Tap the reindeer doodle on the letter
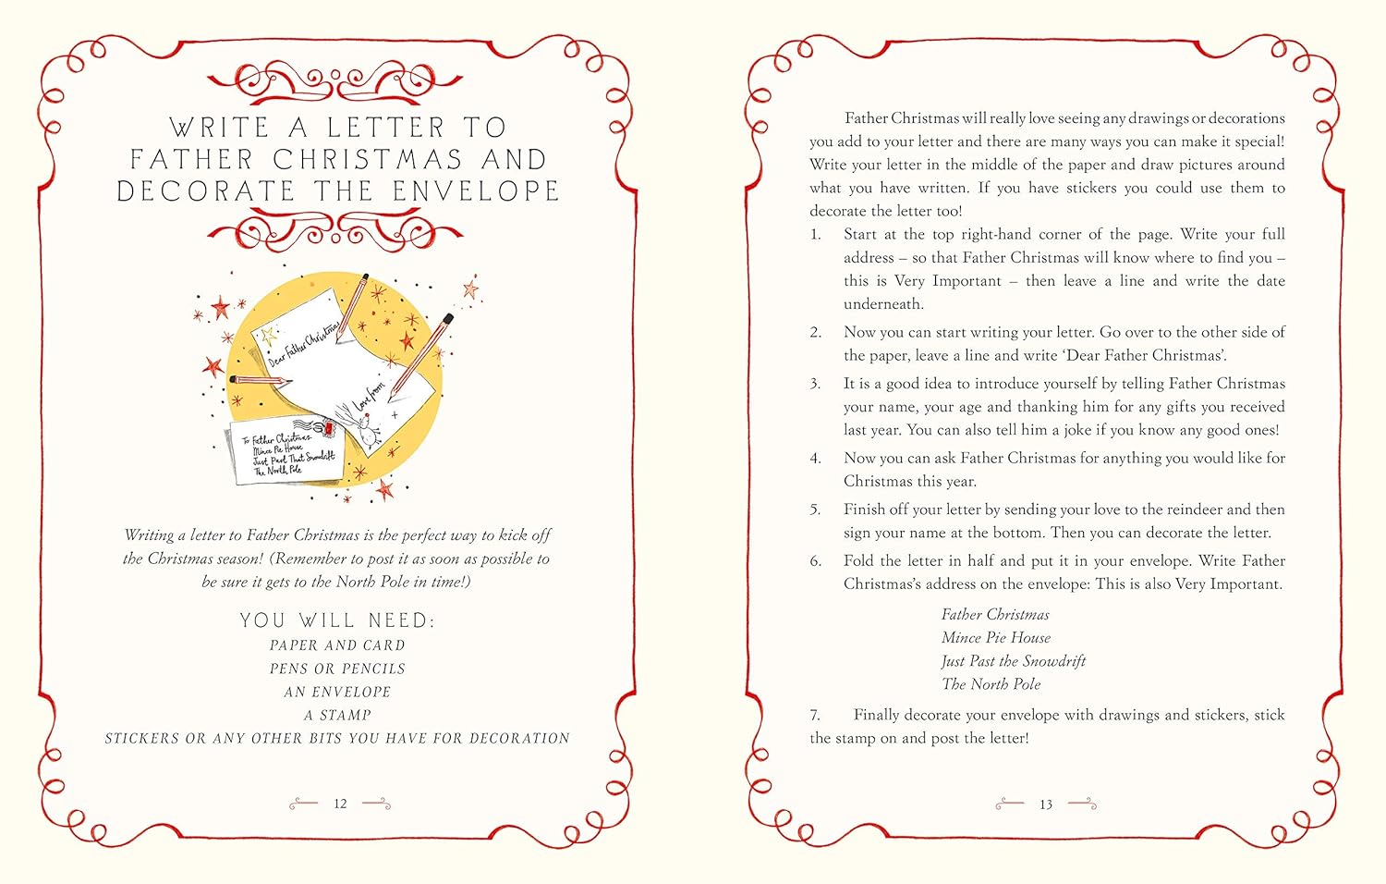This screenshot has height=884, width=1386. (367, 427)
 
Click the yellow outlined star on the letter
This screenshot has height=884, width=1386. (268, 337)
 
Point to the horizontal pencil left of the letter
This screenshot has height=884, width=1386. (260, 380)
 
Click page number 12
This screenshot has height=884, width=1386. (340, 804)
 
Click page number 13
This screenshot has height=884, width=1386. (1045, 804)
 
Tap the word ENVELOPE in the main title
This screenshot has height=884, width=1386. (476, 191)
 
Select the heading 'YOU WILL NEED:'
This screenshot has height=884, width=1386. (337, 620)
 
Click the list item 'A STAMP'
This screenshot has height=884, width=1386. (337, 715)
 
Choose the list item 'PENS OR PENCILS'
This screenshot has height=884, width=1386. (337, 669)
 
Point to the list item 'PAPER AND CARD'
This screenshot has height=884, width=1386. (337, 645)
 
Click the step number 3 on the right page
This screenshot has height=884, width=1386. (815, 384)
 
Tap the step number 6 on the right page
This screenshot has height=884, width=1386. (815, 561)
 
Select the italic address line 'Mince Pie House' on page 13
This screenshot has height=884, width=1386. (995, 638)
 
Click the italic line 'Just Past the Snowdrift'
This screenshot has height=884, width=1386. (1013, 661)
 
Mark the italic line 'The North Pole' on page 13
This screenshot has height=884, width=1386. (991, 684)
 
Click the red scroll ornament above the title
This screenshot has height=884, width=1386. (334, 81)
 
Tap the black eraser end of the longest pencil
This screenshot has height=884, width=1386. (450, 319)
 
